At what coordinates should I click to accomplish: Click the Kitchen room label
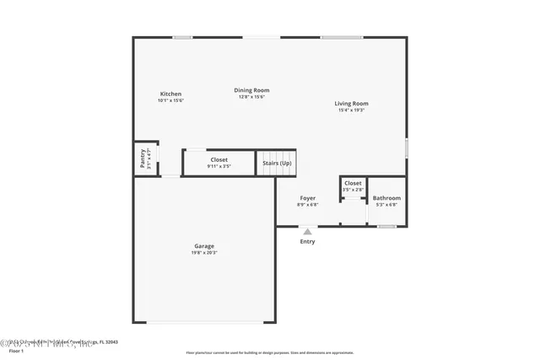tap(170, 94)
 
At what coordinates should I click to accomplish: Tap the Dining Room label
tap(251, 90)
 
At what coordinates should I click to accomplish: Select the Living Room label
tap(353, 104)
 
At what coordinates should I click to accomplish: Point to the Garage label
tap(204, 246)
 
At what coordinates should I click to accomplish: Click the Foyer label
tap(308, 198)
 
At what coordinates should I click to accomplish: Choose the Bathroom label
tap(387, 198)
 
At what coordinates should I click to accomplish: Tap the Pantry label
tap(143, 159)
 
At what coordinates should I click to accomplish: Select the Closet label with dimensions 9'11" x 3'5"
tap(219, 159)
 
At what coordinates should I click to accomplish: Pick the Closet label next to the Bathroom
tap(353, 183)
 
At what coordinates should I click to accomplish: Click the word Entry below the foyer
tap(307, 242)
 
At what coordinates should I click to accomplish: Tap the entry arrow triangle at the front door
tap(307, 231)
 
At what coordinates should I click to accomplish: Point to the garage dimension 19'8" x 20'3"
tap(204, 253)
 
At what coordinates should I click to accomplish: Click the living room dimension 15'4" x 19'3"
tap(353, 110)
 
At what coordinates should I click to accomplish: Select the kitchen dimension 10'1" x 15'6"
tap(170, 100)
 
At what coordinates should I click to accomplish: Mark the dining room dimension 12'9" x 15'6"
tap(251, 97)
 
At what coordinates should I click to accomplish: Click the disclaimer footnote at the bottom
tap(269, 352)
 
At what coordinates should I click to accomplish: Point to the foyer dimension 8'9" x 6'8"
tap(308, 205)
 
